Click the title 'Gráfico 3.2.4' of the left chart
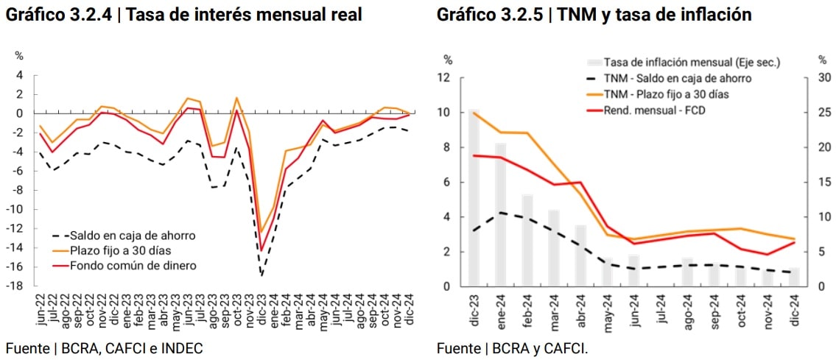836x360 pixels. coord(58,14)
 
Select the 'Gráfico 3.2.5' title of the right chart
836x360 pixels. coord(490,14)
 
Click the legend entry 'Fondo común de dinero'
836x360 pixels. coord(133,265)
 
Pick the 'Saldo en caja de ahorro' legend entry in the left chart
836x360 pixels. coord(133,236)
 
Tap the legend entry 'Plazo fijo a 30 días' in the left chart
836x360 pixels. coord(121,250)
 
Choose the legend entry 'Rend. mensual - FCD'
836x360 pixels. coord(650,110)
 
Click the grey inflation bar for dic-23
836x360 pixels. coord(474,199)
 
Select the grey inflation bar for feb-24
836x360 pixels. coord(527,240)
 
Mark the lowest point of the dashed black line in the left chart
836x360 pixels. coord(261,275)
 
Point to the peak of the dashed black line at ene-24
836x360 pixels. coord(501,212)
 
